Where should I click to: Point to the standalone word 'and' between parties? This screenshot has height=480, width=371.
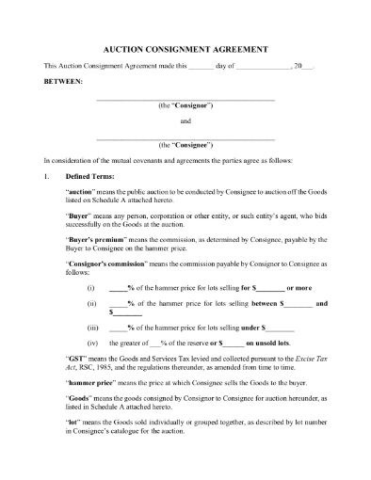tap(185, 121)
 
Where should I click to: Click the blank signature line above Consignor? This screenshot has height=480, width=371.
tap(185, 99)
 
